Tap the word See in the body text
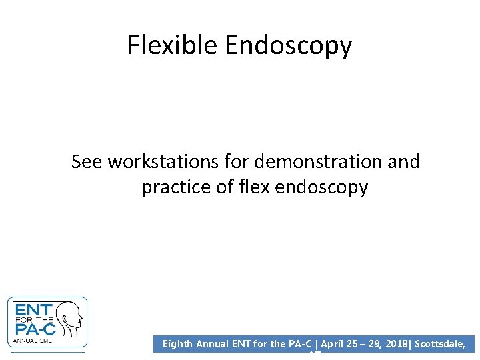point(87,162)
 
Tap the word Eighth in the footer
point(178,344)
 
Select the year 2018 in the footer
point(398,344)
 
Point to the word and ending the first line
point(403,162)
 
